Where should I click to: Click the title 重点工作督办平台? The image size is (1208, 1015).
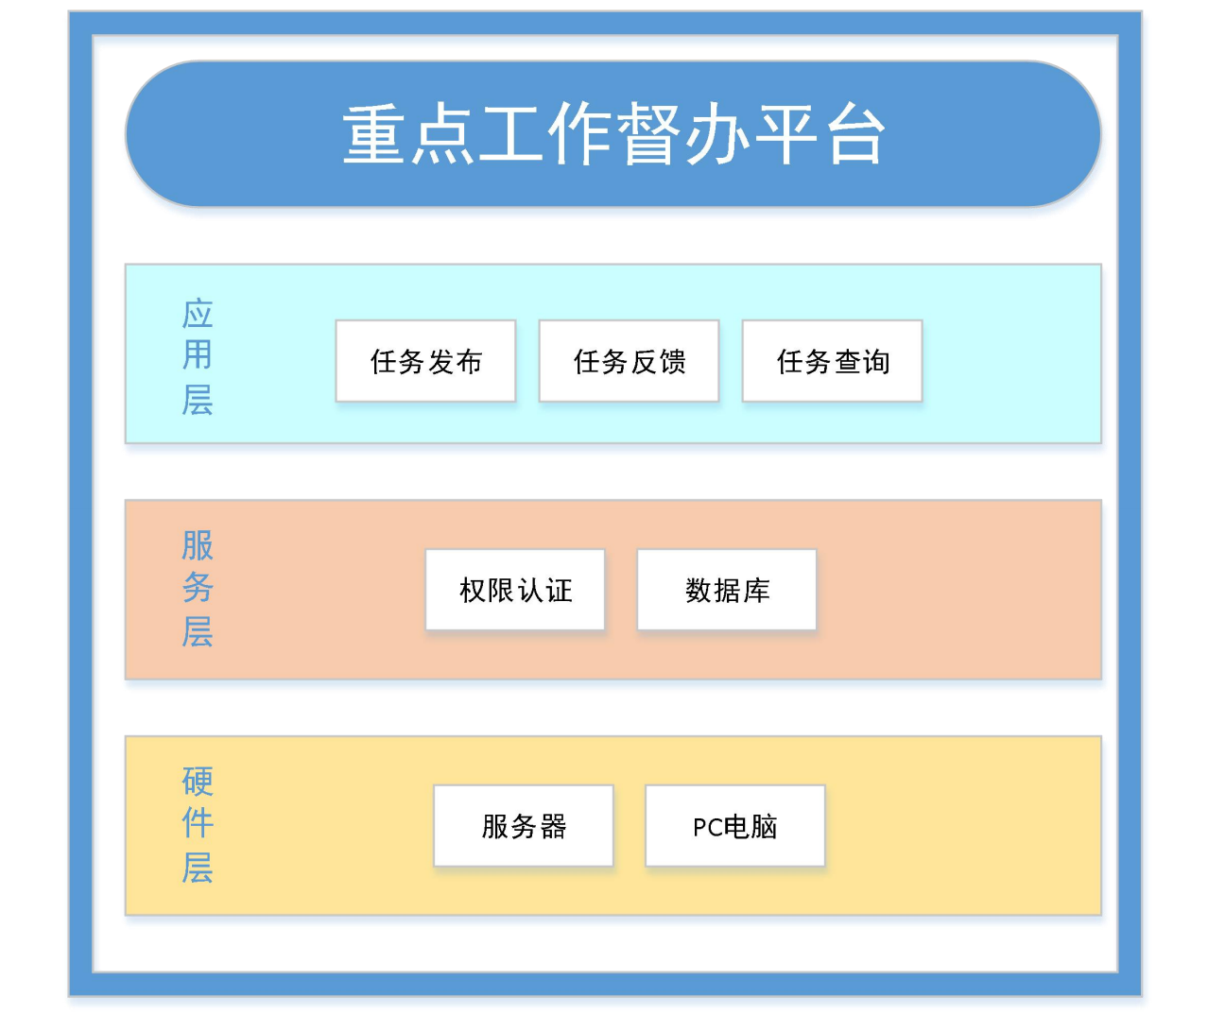coord(613,134)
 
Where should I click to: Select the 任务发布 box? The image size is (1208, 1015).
coord(425,361)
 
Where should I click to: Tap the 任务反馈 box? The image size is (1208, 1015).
coord(629,361)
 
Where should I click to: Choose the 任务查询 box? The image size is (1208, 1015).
coord(832,361)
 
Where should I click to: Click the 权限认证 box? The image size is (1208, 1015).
coord(515,590)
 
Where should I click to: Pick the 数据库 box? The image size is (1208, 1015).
coord(727,590)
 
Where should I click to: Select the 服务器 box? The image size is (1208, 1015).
coord(523,825)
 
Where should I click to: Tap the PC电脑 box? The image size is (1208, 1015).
coord(734,825)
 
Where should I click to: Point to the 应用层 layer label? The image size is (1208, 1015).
coord(198,357)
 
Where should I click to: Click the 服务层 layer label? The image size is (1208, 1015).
coord(198,588)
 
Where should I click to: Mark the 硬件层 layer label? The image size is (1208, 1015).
coord(198,825)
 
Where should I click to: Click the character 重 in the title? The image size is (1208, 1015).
coord(373,134)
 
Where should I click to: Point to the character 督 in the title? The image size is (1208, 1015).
coord(648,134)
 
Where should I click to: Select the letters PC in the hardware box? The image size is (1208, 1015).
coord(708,827)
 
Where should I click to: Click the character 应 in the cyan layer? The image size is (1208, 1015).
coord(198,314)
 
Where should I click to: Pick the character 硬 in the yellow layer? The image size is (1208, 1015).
coord(198,782)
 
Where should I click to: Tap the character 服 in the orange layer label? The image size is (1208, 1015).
coord(198,544)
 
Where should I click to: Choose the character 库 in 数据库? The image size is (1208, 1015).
coord(756,591)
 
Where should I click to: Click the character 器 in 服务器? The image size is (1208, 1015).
coord(553,826)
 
